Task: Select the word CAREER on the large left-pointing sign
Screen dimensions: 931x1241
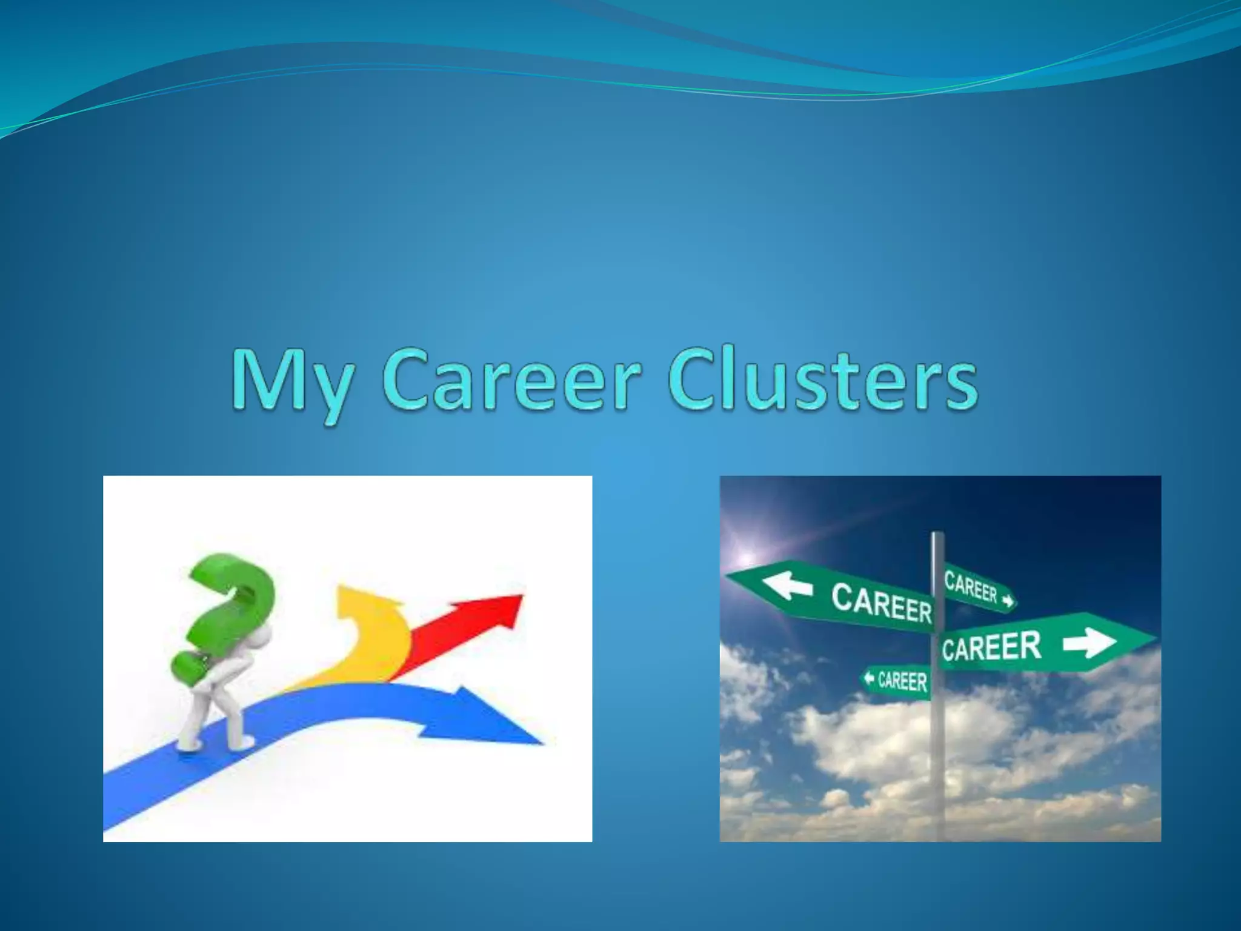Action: pyautogui.click(x=881, y=602)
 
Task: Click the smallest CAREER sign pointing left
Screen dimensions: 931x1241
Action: pyautogui.click(x=897, y=681)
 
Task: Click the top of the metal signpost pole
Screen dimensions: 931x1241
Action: pyautogui.click(x=937, y=536)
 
